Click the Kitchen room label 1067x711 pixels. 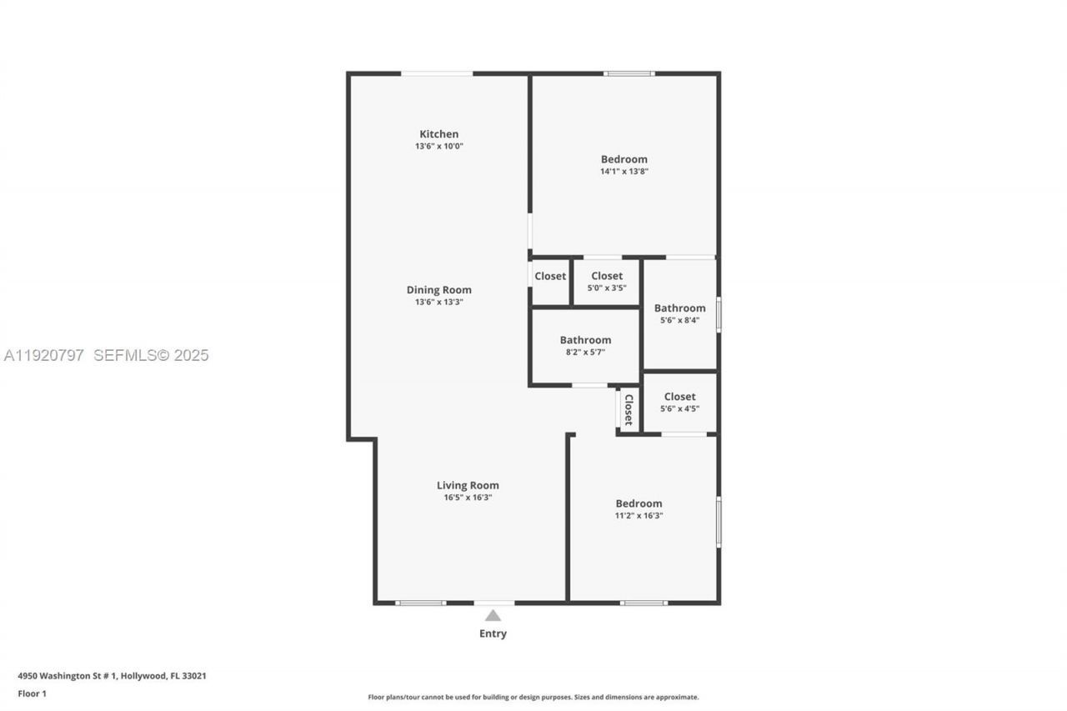[x=438, y=134]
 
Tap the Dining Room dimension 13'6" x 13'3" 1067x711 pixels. [x=438, y=302]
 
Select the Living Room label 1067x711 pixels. [x=468, y=485]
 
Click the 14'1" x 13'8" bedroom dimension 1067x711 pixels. [x=624, y=171]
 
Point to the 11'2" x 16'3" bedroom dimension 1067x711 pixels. [x=639, y=515]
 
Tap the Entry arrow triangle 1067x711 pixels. [x=493, y=615]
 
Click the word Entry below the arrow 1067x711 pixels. [x=493, y=633]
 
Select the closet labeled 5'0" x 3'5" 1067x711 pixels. [x=606, y=282]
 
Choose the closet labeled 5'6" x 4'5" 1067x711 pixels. [x=679, y=403]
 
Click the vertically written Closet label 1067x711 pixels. [x=629, y=410]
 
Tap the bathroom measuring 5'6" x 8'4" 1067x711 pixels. [x=679, y=313]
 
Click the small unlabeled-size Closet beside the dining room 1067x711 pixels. [x=550, y=276]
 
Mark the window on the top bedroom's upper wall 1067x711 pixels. [x=629, y=73]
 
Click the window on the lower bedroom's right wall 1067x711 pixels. [x=719, y=523]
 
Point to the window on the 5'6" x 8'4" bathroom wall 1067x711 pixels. [x=719, y=315]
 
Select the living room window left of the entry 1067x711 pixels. [x=420, y=603]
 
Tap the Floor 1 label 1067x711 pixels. [x=33, y=693]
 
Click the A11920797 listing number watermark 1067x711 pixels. [x=43, y=355]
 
